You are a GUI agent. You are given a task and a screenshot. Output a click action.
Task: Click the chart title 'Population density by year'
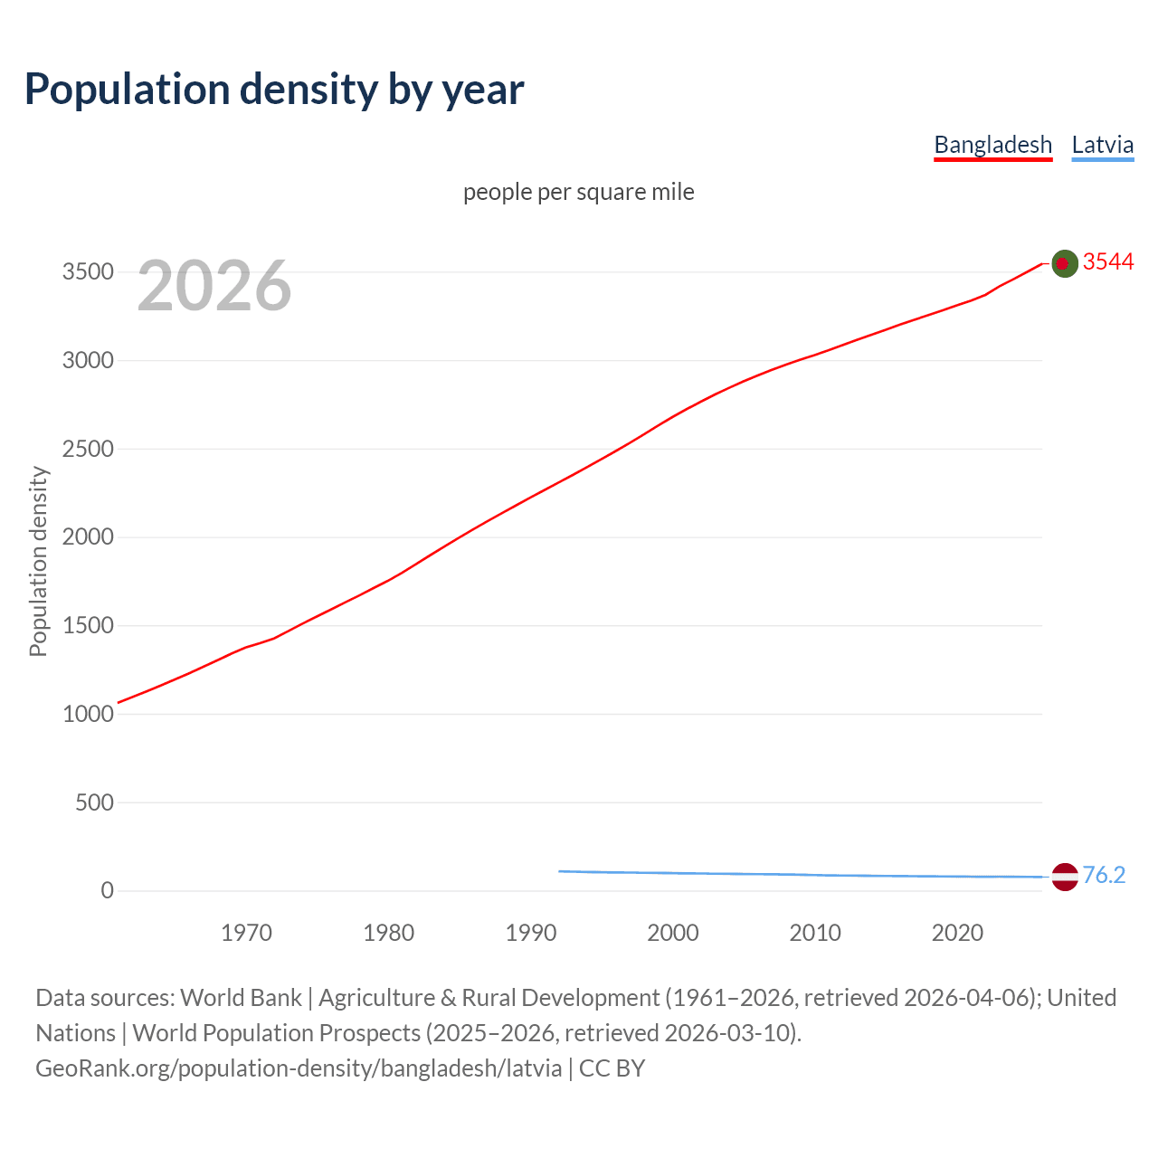[x=274, y=90]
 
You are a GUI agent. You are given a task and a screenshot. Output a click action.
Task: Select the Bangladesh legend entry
[x=992, y=145]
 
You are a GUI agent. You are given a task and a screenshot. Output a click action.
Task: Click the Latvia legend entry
[x=1102, y=145]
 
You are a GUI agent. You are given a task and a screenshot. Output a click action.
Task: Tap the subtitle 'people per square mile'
[x=578, y=192]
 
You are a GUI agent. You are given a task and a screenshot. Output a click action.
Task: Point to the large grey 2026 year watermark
[x=214, y=286]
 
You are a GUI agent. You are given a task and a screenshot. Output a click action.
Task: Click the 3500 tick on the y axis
[x=88, y=272]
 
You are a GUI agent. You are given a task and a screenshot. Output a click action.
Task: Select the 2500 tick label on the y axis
[x=88, y=449]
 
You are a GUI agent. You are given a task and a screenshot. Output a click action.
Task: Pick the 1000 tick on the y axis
[x=88, y=714]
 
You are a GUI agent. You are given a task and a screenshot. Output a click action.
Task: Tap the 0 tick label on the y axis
[x=107, y=890]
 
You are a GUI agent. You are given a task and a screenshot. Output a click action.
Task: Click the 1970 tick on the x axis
[x=246, y=932]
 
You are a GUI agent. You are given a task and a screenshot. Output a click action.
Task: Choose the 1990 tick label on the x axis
[x=531, y=932]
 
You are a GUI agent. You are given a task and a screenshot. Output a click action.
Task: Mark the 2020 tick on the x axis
[x=957, y=932]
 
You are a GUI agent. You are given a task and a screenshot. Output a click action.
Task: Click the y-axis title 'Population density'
[x=38, y=561]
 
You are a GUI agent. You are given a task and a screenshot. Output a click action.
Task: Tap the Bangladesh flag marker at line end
[x=1065, y=263]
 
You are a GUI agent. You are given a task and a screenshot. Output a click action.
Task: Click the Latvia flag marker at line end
[x=1065, y=877]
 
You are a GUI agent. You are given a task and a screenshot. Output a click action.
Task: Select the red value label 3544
[x=1107, y=261]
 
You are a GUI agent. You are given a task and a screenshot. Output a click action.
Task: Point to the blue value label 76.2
[x=1104, y=875]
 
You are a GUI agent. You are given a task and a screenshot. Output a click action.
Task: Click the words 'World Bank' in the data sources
[x=241, y=997]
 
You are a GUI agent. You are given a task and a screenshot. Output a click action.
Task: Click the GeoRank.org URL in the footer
[x=299, y=1068]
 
